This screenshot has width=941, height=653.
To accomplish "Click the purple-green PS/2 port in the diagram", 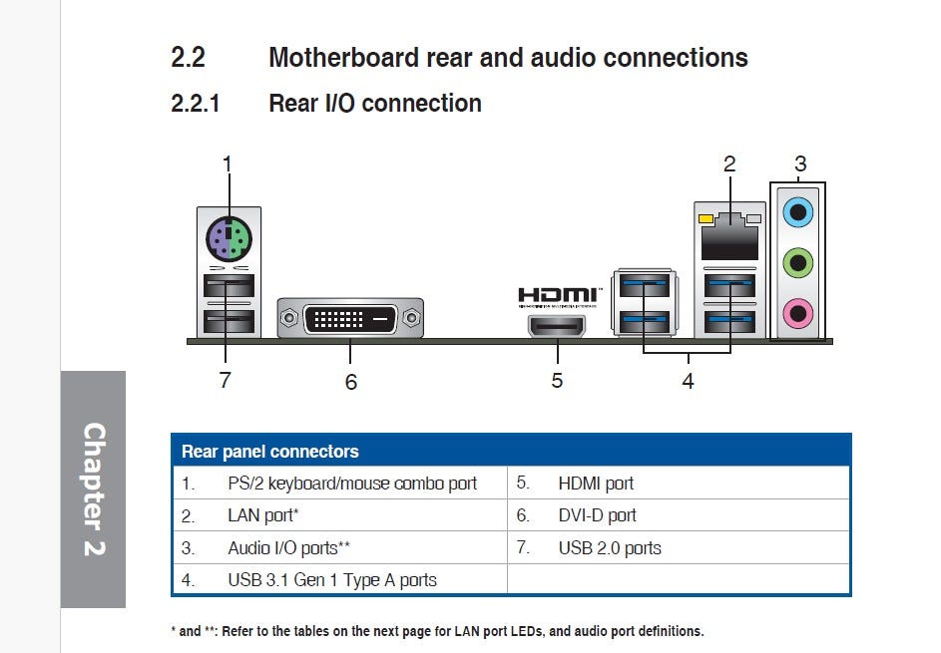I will tap(229, 239).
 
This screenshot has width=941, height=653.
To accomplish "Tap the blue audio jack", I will tap(797, 210).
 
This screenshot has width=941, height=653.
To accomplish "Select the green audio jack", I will tap(797, 263).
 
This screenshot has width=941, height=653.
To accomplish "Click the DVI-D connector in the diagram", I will tap(350, 319).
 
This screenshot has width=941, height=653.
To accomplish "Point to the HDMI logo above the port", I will tap(557, 295).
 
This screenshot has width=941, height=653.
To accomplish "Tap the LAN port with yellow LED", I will tap(727, 236).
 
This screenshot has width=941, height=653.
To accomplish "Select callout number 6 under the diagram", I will tap(350, 382).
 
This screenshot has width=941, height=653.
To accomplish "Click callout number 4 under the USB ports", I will tap(688, 381).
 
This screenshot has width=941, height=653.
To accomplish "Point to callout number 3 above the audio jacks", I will tap(800, 163).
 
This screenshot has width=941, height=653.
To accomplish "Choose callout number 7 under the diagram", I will tap(226, 380).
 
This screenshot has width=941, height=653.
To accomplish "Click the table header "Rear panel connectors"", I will tap(270, 452).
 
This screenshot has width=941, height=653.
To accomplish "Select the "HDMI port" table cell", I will tap(596, 484).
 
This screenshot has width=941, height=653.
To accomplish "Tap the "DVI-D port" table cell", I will tap(597, 515).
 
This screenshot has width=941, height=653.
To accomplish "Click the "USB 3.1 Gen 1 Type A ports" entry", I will tap(332, 579).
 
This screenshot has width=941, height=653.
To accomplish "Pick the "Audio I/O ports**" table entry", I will tap(288, 547).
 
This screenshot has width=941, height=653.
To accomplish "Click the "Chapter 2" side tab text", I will tap(93, 489).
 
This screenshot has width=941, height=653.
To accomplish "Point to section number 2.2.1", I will tap(196, 103).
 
